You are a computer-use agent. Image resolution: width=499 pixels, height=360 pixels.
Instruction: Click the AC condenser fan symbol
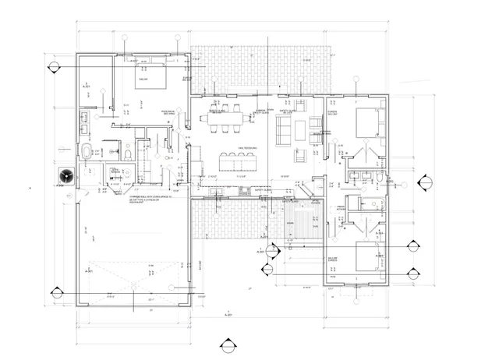tap(65, 175)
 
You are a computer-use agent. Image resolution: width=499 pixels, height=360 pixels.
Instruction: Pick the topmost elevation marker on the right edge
tap(426, 183)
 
